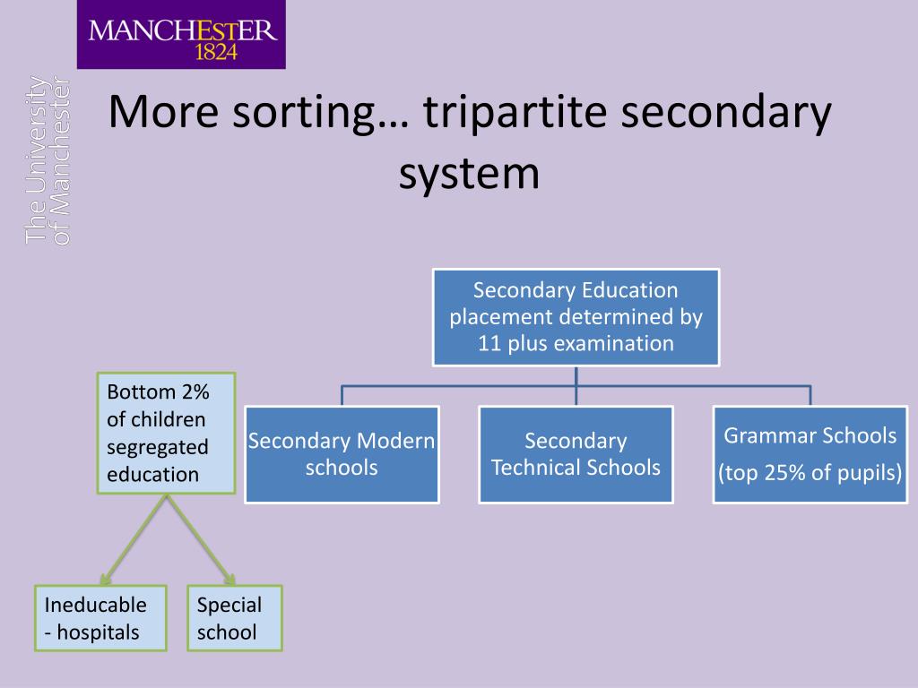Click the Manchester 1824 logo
tap(181, 35)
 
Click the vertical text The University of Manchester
tap(48, 159)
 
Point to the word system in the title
tap(469, 174)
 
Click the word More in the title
tap(163, 111)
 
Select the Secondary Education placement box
tap(576, 318)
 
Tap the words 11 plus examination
tap(576, 343)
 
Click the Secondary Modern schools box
tap(342, 454)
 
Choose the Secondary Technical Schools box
tap(576, 454)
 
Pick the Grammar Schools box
tap(810, 454)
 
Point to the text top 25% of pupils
tap(810, 473)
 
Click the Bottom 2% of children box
tap(166, 433)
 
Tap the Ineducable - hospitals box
tap(100, 618)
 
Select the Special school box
tap(235, 618)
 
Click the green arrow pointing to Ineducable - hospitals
tap(134, 539)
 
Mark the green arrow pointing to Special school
tap(201, 539)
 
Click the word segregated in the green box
tap(158, 448)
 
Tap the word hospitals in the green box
tap(99, 632)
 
